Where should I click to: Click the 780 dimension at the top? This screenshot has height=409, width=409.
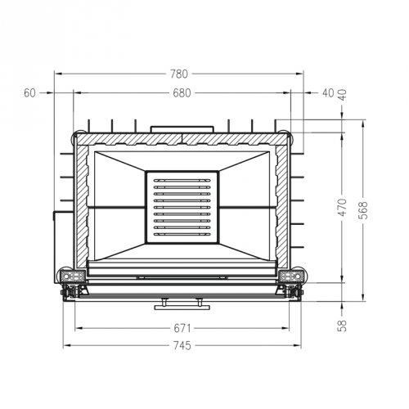tap(178, 74)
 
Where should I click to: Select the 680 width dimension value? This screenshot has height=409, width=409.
tap(182, 93)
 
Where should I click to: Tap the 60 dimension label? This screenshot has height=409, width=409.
tap(30, 93)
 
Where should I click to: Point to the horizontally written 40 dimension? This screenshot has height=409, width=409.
tap(329, 93)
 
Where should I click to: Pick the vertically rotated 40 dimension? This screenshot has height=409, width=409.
tap(342, 93)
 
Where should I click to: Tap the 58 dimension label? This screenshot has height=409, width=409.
tap(342, 325)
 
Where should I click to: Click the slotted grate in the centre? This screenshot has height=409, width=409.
tap(182, 208)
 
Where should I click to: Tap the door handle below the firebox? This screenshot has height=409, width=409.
tap(182, 303)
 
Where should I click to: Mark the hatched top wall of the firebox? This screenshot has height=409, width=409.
tap(182, 138)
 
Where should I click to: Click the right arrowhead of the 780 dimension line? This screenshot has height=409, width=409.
tap(304, 74)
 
